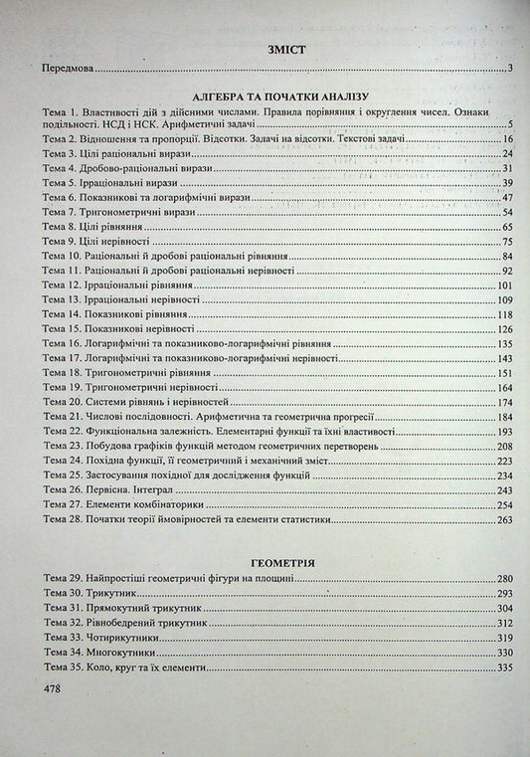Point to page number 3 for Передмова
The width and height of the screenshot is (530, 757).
pyautogui.click(x=508, y=70)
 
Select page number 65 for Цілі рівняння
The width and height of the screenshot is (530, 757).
pyautogui.click(x=505, y=227)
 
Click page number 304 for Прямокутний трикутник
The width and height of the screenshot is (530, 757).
pyautogui.click(x=503, y=607)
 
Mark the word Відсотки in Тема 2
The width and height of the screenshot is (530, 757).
pyautogui.click(x=215, y=139)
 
